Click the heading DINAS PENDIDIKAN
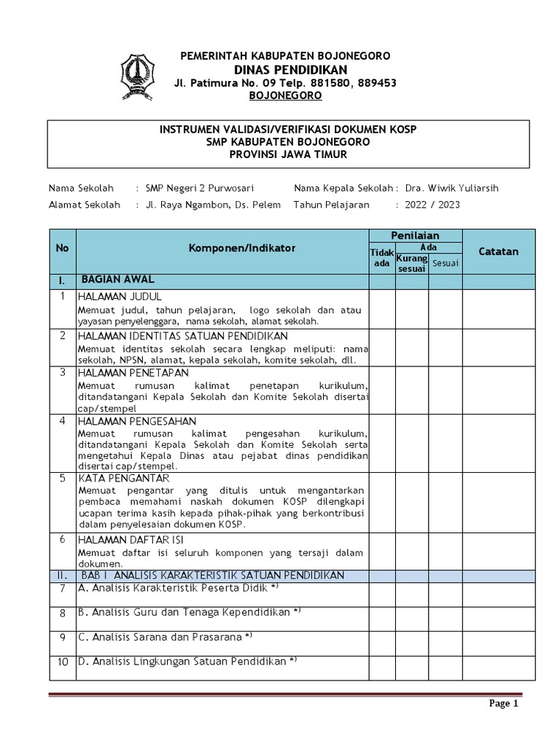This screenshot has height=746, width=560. click(285, 69)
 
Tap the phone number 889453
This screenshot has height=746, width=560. click(376, 83)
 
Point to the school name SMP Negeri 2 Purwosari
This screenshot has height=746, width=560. click(200, 188)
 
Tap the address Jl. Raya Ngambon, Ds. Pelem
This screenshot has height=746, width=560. click(213, 205)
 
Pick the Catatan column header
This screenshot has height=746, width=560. click(498, 251)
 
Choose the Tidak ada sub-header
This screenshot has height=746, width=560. click(381, 257)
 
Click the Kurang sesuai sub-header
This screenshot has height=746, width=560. click(411, 263)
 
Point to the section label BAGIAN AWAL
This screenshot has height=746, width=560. click(117, 280)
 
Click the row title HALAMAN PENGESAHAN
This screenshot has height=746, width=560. click(138, 421)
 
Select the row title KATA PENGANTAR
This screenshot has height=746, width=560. click(124, 478)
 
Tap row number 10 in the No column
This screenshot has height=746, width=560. click(63, 661)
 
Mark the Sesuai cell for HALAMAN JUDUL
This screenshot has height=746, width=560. click(445, 309)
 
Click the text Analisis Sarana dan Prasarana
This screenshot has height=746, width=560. click(166, 637)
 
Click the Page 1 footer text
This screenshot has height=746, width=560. click(502, 704)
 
